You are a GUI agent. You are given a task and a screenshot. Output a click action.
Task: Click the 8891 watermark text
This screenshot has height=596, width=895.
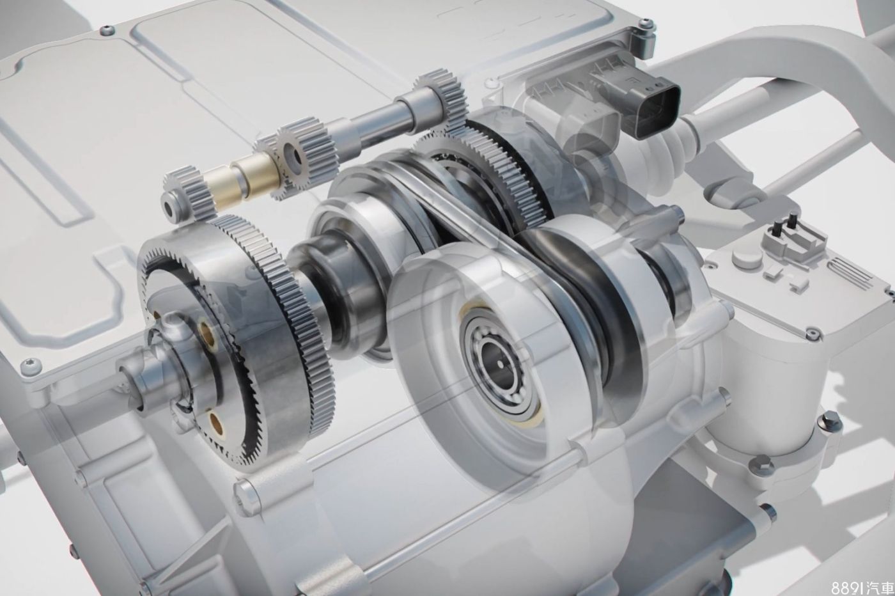pos(862,587)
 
